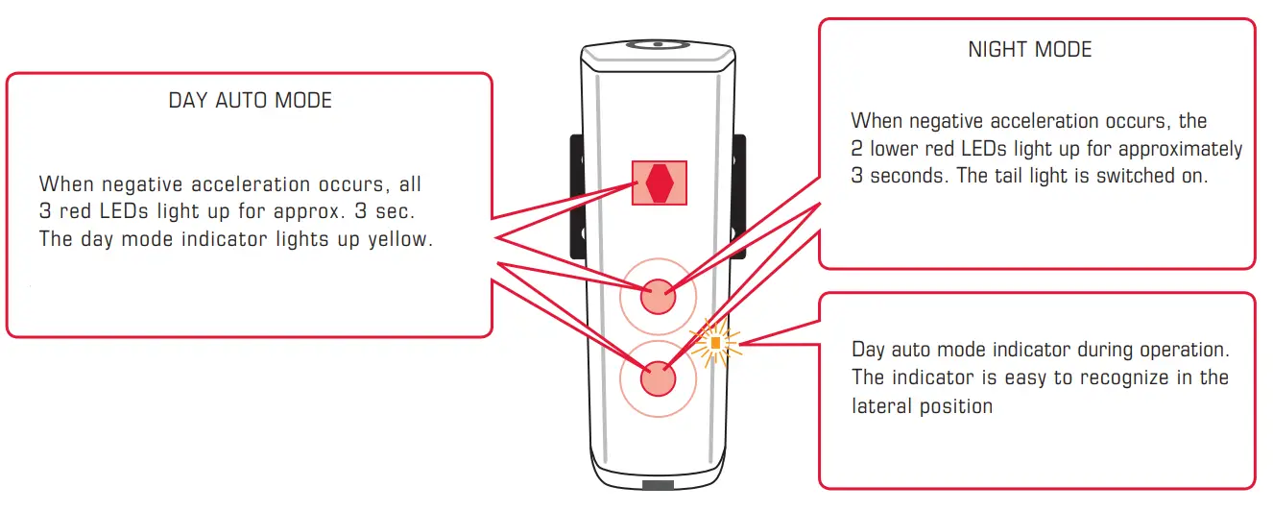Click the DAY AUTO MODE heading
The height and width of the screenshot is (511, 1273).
[250, 101]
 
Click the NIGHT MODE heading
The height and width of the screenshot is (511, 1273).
[1029, 50]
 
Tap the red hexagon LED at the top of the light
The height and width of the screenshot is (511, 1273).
[659, 182]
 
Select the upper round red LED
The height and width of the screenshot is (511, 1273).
[658, 295]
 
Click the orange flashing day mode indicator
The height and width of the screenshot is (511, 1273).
[715, 343]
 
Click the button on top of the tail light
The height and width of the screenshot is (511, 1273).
[658, 44]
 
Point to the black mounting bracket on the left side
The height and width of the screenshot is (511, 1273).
[577, 197]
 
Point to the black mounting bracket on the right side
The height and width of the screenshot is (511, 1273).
[739, 197]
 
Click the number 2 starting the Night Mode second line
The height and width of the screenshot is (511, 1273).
[856, 150]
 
